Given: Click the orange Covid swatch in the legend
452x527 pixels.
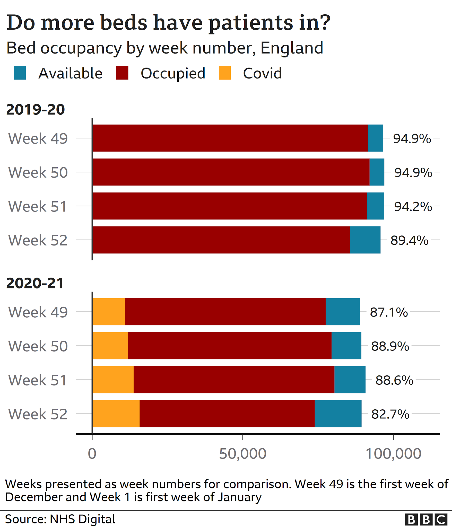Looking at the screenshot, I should coord(224,73).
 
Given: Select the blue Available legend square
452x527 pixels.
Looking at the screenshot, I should coord(20,73).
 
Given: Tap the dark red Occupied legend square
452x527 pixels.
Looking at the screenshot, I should coord(122,73).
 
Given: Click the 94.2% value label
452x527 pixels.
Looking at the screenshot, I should coord(413,206).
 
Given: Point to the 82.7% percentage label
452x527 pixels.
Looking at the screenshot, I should coord(390,414).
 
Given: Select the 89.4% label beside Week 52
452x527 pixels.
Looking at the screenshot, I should coord(409,240).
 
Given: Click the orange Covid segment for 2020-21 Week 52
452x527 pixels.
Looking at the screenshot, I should coord(116,414).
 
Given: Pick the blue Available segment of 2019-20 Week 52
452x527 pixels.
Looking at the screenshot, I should coord(365,240).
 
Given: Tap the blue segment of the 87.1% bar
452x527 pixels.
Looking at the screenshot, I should coord(343,312).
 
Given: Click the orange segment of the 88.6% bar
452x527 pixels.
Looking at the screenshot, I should coord(113,380).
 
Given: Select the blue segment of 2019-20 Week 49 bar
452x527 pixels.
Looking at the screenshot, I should coord(376,138).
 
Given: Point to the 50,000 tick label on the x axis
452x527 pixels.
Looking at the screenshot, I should coord(242,454).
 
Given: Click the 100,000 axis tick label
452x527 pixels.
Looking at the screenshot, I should coord(393,454).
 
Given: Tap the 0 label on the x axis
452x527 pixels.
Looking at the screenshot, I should coord(92,454).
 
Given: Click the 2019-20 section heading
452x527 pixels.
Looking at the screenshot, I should coord(35,110).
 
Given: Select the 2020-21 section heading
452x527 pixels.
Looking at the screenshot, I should coord(35,283).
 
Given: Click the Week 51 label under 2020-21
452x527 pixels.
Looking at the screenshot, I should coord(38,380).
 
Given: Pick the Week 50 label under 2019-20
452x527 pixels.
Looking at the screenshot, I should coord(38,172).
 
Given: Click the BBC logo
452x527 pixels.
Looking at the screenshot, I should coord(426,520).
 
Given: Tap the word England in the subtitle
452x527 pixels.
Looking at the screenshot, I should coord(292,48).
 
